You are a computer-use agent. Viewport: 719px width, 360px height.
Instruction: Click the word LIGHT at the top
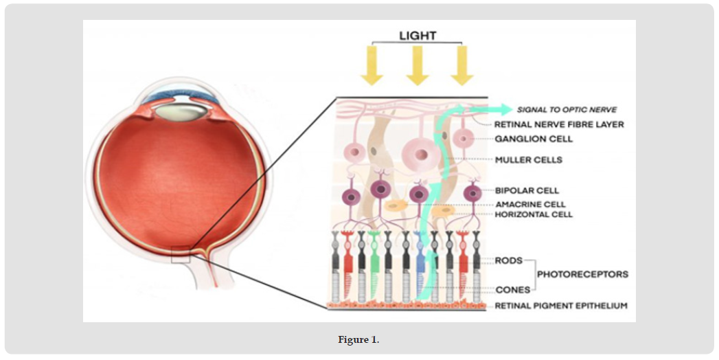coord(418,35)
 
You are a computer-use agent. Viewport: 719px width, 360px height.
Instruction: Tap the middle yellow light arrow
coord(418,65)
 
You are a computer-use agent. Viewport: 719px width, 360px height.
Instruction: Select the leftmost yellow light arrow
coord(372,65)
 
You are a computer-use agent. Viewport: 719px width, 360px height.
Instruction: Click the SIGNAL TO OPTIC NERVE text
coord(567,110)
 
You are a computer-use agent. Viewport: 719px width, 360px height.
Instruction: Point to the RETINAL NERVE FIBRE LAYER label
coord(559,124)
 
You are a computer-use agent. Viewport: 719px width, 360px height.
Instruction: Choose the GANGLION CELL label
coord(534,139)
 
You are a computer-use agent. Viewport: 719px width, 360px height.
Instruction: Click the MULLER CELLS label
coord(529,160)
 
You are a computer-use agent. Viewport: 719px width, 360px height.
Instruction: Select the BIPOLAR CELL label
coord(527,190)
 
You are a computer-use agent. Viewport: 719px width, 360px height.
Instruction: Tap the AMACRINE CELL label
coord(531,205)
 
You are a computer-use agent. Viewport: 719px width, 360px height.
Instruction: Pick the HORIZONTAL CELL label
coord(534,214)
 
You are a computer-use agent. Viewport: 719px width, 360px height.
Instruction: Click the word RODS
coord(509,260)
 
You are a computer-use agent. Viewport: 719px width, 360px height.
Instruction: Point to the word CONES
coord(513,290)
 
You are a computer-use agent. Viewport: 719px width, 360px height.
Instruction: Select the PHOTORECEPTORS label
coord(583,275)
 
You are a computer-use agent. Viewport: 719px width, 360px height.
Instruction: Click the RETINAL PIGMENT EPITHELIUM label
coord(561,306)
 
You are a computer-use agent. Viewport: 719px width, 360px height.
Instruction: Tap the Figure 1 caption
coord(358,340)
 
